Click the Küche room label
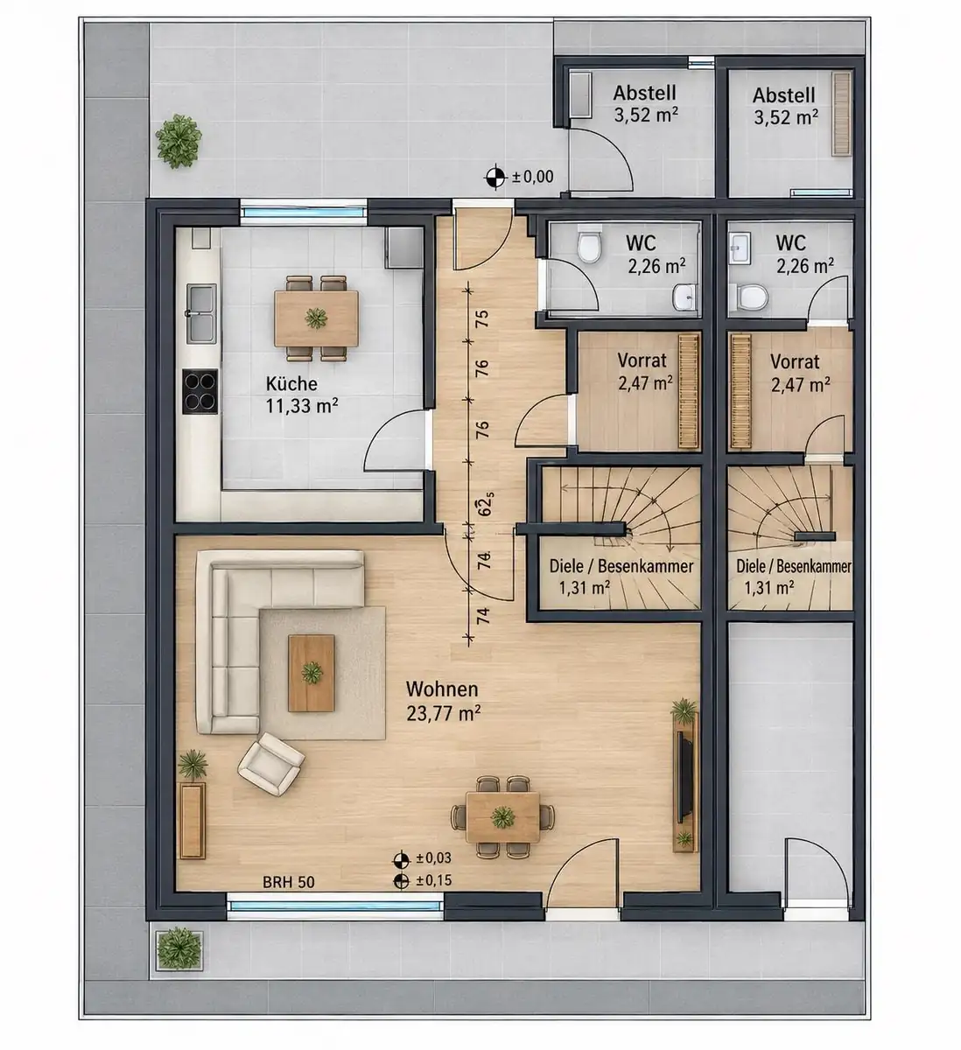[291, 383]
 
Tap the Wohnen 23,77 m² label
[443, 701]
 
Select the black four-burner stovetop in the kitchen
[200, 391]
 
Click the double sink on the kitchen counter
[201, 313]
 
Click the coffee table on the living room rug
[311, 673]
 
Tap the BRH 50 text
[289, 882]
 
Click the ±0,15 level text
[433, 880]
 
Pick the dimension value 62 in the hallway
[485, 506]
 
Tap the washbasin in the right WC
[740, 249]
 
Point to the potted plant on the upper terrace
[179, 142]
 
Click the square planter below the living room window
[179, 948]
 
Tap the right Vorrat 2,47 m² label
[800, 374]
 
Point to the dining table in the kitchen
[317, 318]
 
